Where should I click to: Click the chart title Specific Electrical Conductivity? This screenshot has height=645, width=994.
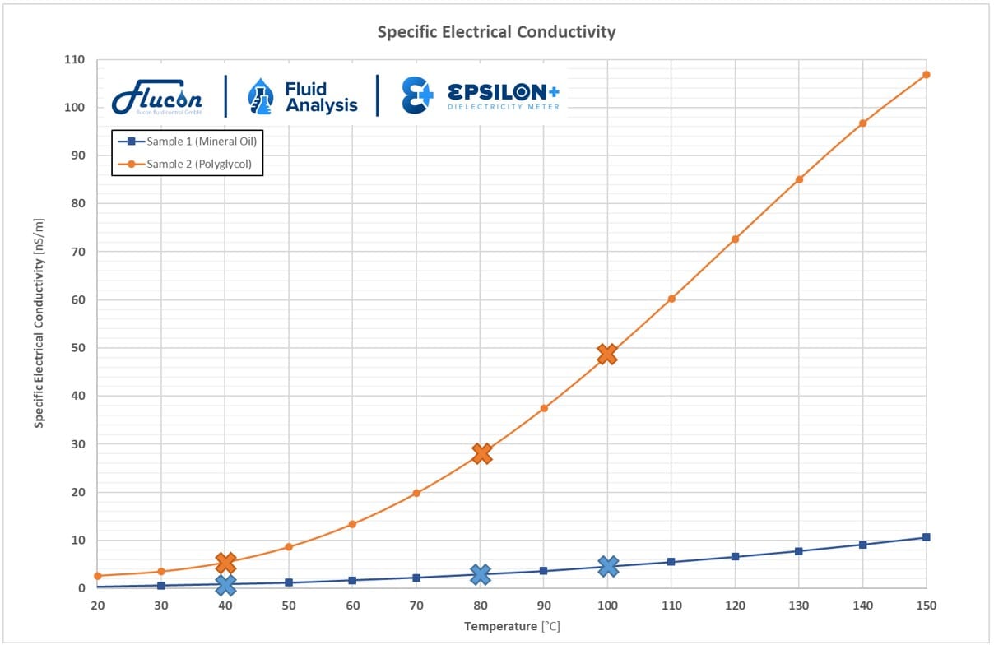[496, 32]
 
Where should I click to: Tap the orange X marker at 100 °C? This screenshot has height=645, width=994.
[607, 354]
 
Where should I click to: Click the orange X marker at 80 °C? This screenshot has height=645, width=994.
[481, 453]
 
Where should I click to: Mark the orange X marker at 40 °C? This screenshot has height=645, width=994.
[225, 563]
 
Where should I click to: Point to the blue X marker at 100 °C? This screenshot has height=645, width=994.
[608, 566]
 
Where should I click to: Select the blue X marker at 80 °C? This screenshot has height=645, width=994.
[481, 574]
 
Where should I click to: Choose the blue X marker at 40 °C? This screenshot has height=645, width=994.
[225, 585]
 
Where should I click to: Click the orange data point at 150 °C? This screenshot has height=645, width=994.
[927, 75]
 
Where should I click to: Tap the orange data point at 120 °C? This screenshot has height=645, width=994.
[735, 239]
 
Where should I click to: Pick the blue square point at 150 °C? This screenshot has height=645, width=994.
[927, 537]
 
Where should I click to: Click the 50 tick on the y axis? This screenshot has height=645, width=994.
[77, 348]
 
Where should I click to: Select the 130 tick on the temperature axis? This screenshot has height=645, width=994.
[799, 606]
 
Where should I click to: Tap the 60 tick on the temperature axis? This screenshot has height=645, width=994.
[352, 606]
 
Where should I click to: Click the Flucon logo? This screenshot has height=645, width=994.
[157, 98]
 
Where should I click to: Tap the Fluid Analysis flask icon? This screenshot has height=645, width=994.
[260, 97]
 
